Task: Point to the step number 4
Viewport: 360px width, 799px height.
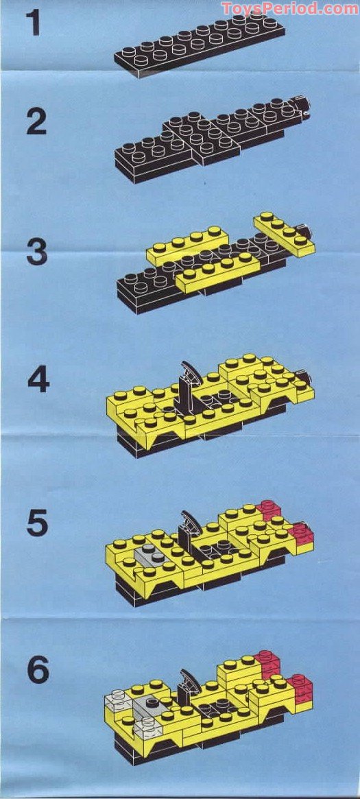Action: click(x=38, y=380)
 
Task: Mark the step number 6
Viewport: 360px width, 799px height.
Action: click(x=38, y=670)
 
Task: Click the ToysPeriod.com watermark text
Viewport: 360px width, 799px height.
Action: click(x=289, y=8)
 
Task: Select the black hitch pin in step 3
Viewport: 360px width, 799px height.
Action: click(x=308, y=231)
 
